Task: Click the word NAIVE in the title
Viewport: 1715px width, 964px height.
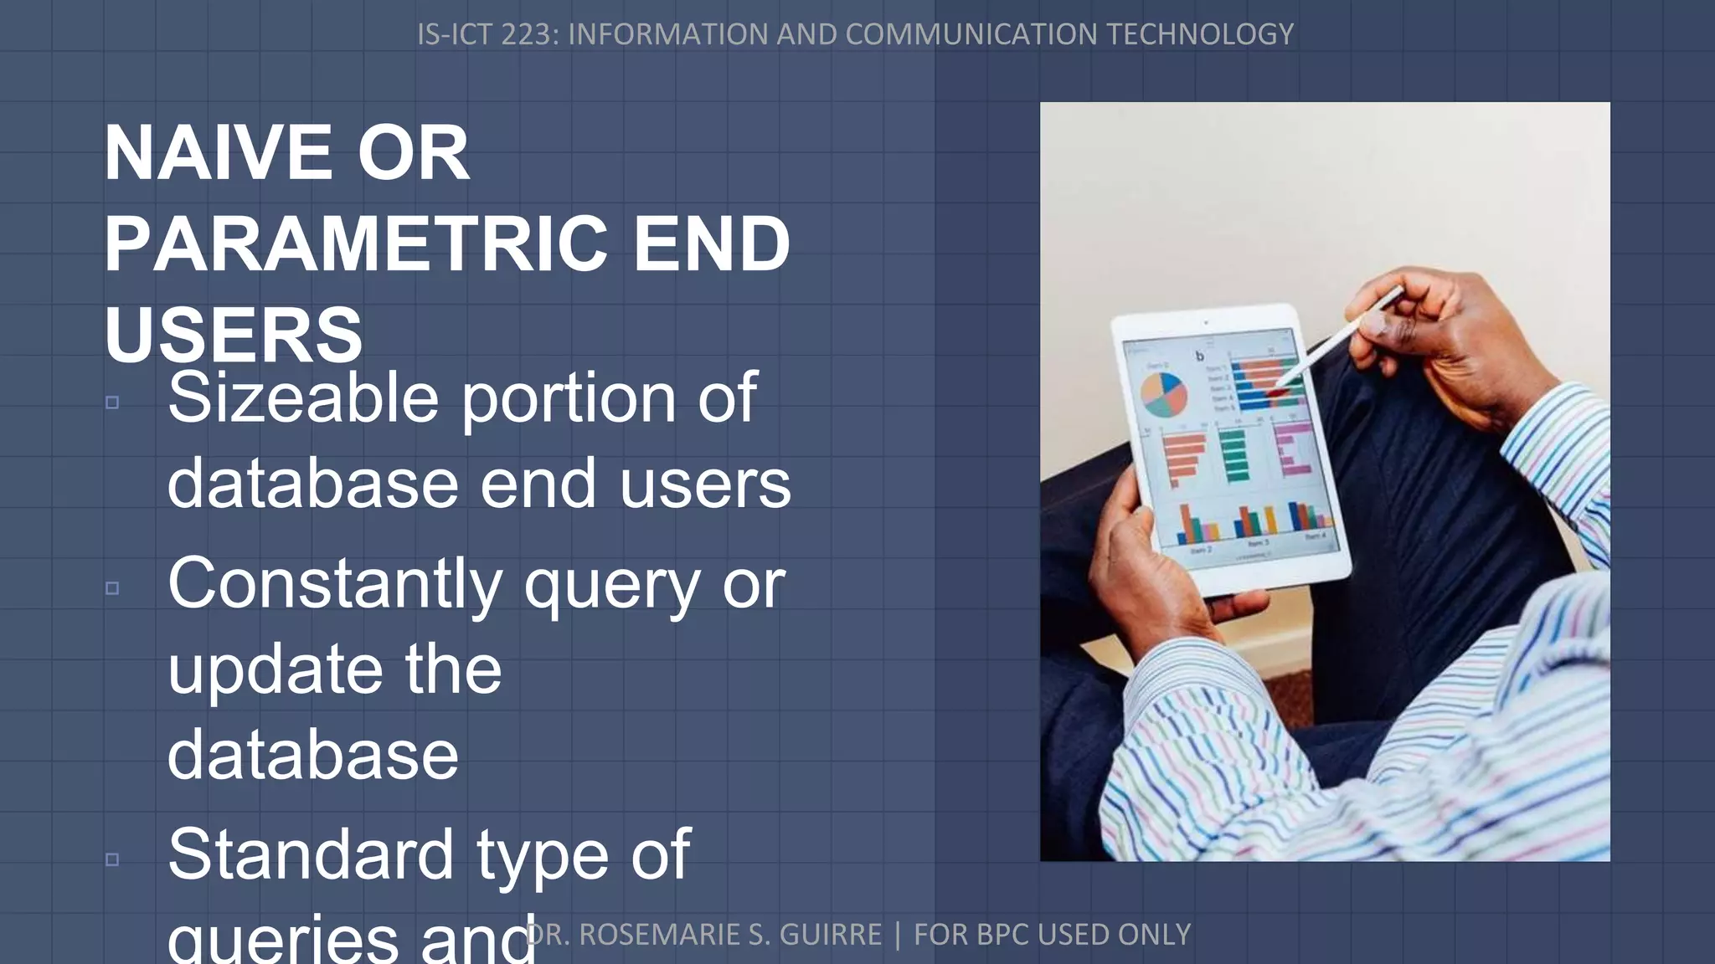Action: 219,153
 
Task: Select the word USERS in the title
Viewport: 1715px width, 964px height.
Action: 234,335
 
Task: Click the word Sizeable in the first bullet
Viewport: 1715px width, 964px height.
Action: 303,398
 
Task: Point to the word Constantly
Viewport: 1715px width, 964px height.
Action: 335,583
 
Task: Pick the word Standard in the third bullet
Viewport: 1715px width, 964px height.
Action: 311,854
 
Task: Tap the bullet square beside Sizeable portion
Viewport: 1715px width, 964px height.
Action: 112,403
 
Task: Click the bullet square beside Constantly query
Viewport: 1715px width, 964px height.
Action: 112,588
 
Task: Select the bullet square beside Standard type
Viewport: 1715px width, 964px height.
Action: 112,859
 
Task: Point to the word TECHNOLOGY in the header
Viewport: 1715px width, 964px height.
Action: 1199,34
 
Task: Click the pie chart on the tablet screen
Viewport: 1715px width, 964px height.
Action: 1165,395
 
